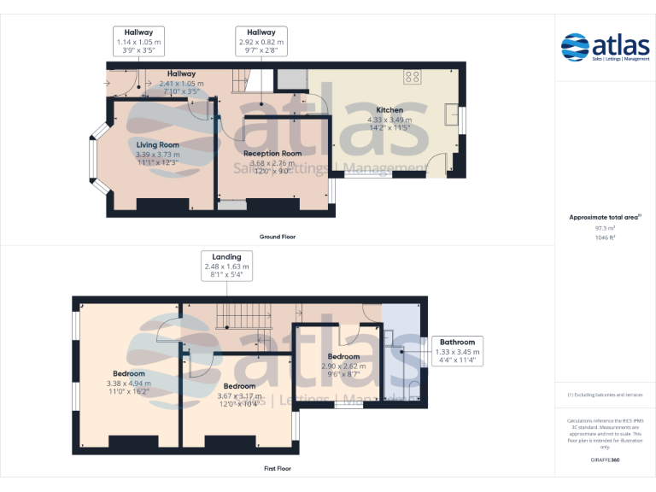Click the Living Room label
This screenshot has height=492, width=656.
point(158,145)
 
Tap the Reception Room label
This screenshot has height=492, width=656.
point(272,153)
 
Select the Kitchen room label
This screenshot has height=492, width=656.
point(389,110)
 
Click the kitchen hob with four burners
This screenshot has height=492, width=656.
point(413,76)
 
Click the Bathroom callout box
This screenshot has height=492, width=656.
point(457,351)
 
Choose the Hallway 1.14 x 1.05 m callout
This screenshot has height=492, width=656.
point(138,41)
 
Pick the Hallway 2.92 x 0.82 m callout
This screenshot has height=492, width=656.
point(261,41)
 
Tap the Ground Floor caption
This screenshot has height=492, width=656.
point(278,236)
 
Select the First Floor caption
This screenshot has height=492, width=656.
point(277,468)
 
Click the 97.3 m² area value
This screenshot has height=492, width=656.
point(605,228)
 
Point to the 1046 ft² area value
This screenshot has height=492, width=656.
point(605,237)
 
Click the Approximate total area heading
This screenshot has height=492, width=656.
point(605,218)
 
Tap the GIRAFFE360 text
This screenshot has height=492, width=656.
point(605,460)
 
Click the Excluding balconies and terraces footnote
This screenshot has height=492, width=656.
point(605,395)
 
